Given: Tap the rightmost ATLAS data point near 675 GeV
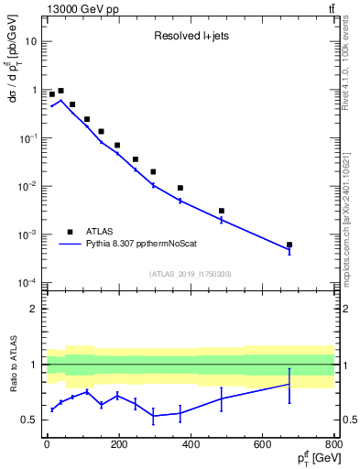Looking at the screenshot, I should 289,245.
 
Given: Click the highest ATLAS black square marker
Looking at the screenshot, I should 60,92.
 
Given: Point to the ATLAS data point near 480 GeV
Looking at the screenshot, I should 222,211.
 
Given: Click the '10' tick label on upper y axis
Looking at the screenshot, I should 31,42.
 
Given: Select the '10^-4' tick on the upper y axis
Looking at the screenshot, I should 27,283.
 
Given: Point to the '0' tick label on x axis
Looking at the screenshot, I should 46,444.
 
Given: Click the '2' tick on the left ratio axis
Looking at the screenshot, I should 34,309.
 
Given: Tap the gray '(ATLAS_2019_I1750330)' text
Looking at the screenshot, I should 190,274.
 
